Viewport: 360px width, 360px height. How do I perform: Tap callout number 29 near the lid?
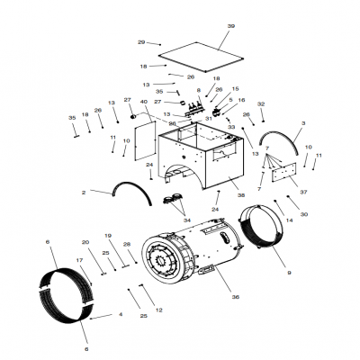click(141, 41)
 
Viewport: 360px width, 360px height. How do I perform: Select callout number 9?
click(289, 271)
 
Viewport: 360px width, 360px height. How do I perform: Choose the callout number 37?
click(304, 192)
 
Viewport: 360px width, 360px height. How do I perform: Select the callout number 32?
click(261, 104)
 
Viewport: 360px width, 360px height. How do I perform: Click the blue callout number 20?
click(85, 242)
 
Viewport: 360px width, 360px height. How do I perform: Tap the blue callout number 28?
click(127, 244)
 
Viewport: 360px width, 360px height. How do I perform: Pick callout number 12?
click(158, 310)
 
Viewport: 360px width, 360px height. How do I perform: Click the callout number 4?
click(120, 315)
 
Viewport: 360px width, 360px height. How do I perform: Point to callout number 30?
click(304, 214)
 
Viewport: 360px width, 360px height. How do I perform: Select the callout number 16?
click(241, 100)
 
